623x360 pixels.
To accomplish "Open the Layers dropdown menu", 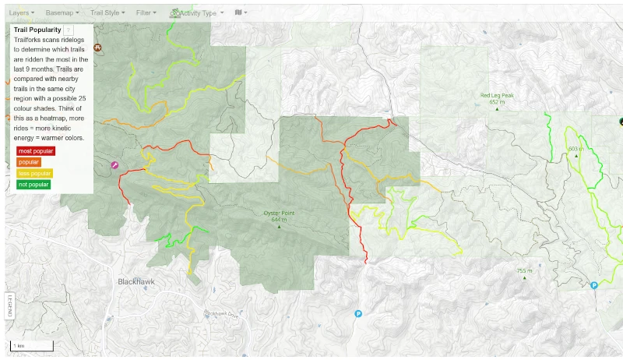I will pos(21,13).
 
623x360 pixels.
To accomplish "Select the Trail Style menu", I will pos(107,13).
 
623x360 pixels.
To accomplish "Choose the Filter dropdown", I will pos(146,13).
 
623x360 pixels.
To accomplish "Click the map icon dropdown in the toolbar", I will pos(241,13).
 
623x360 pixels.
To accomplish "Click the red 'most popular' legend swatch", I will pos(35,150).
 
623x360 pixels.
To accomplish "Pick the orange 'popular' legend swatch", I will pos(30,161).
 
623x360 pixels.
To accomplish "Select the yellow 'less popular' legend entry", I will pos(34,173).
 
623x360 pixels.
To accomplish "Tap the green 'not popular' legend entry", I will pos(33,185).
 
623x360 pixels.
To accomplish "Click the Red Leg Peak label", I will pos(497,96).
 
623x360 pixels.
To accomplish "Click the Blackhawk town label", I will pos(137,281).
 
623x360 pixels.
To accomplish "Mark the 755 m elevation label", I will pos(525,270).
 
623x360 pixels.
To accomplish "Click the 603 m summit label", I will pos(575,149).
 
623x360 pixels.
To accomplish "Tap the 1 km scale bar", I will pos(32,344).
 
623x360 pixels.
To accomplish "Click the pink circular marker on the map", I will pos(114,165).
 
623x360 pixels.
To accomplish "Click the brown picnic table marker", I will pos(97,47).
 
